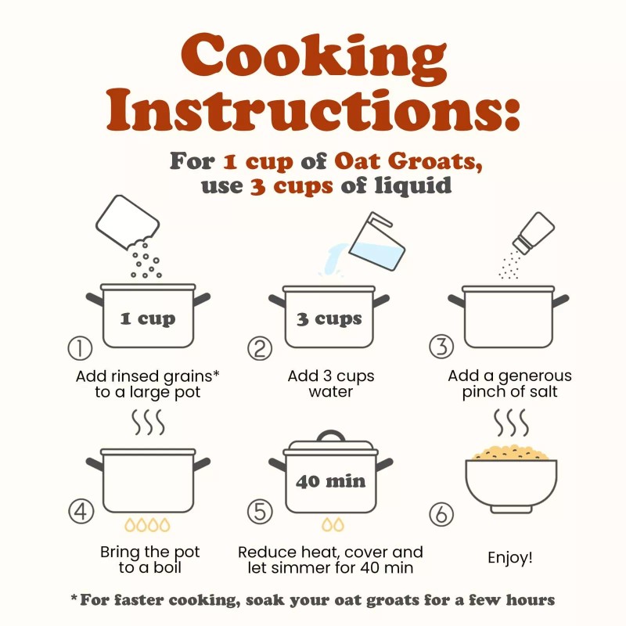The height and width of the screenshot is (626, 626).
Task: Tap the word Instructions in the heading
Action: [x=314, y=110]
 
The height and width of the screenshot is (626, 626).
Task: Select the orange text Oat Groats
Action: [x=408, y=162]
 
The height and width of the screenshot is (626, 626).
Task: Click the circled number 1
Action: [x=81, y=347]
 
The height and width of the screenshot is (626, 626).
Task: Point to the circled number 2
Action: [x=260, y=347]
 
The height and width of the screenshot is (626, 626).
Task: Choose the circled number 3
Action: [x=441, y=346]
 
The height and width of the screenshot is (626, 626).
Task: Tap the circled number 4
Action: [x=81, y=511]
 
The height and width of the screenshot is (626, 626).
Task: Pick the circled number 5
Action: [x=260, y=512]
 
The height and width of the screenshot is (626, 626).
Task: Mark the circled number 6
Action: [x=441, y=514]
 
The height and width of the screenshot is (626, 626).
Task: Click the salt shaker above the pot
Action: [x=534, y=232]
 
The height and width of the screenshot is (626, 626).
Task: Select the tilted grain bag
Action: [x=128, y=221]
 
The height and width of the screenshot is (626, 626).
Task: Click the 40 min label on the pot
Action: [x=330, y=481]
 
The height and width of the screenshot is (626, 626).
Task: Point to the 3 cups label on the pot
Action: [x=329, y=319]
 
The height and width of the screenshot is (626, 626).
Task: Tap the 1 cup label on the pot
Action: [x=148, y=319]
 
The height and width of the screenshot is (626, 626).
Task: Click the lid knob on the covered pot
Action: [x=331, y=435]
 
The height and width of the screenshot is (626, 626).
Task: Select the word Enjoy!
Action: [x=510, y=557]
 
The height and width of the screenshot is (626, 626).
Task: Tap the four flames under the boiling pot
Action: [x=147, y=524]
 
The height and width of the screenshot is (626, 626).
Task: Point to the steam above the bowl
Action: [x=511, y=423]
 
